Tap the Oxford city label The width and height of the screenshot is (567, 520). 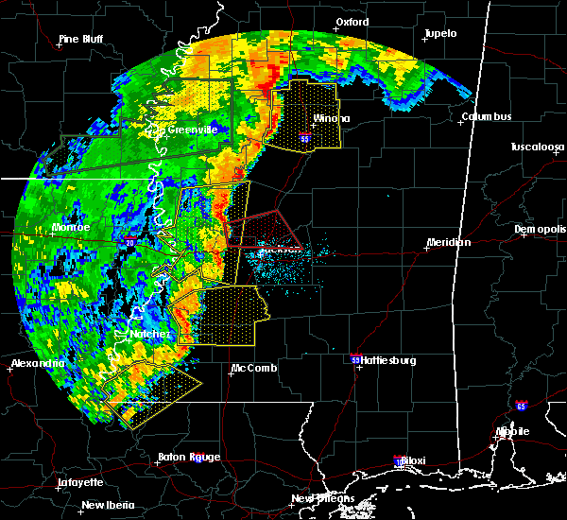click(352, 22)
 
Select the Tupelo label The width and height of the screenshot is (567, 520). click(439, 33)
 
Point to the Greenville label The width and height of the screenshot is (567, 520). click(192, 130)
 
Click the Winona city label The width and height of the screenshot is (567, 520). click(332, 118)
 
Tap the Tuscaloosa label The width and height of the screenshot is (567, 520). click(538, 147)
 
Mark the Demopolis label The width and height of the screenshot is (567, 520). click(540, 230)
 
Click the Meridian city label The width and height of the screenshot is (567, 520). click(448, 242)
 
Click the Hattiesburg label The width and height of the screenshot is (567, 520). click(389, 360)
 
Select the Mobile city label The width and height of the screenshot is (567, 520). click(515, 431)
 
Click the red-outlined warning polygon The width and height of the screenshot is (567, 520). click(258, 230)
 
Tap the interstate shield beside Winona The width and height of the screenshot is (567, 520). click(304, 138)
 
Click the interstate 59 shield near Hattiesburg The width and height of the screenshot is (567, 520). click(355, 360)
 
